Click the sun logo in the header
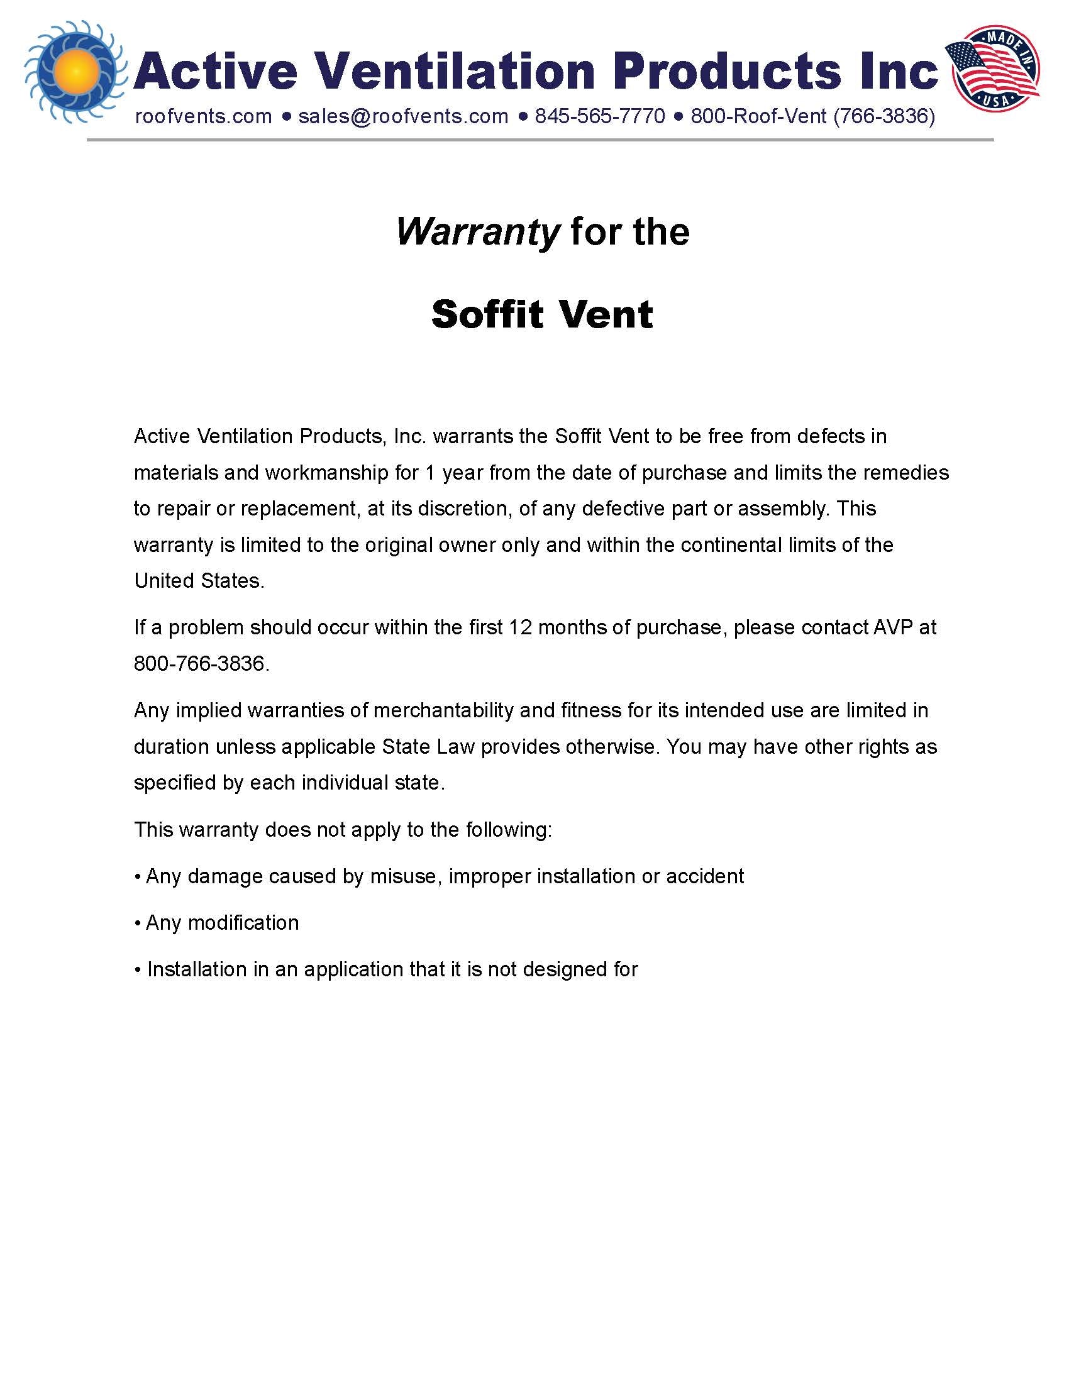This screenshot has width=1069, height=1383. [74, 71]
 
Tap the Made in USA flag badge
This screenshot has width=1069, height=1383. [992, 67]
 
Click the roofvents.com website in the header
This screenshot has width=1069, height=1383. [203, 116]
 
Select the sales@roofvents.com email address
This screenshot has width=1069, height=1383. [403, 116]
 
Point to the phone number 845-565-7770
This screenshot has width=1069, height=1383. [600, 116]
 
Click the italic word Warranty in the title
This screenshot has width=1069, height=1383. [477, 232]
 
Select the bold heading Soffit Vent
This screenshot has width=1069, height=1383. [541, 314]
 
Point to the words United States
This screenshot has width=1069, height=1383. [198, 581]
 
